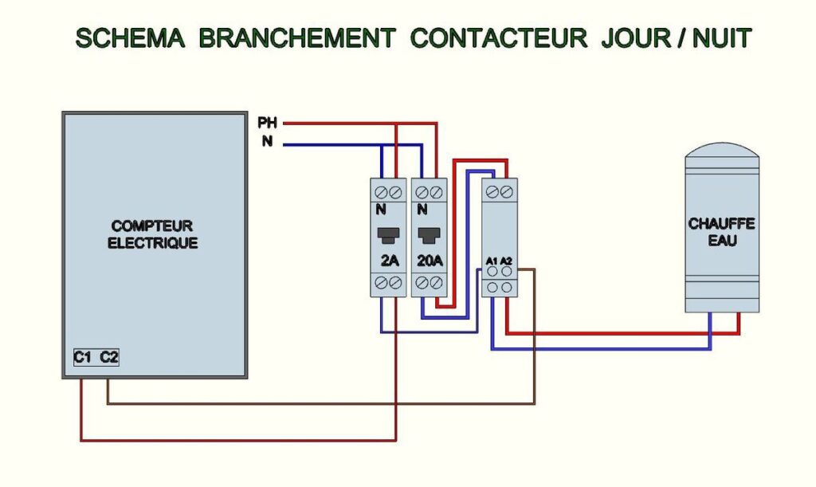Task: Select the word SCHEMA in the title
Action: click(x=130, y=38)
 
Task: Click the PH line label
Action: click(x=268, y=123)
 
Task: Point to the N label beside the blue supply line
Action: click(x=268, y=143)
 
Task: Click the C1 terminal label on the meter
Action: click(x=83, y=358)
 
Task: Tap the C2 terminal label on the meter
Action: click(x=109, y=358)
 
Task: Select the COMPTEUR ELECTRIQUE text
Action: click(x=153, y=234)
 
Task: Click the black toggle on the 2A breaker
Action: click(x=388, y=235)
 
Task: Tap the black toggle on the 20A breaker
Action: click(x=429, y=235)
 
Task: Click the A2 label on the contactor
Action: click(x=507, y=261)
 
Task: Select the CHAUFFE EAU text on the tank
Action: click(x=722, y=231)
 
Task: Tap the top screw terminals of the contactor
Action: click(x=500, y=192)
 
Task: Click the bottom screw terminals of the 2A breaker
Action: click(x=388, y=283)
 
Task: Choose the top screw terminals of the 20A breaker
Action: click(x=429, y=192)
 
